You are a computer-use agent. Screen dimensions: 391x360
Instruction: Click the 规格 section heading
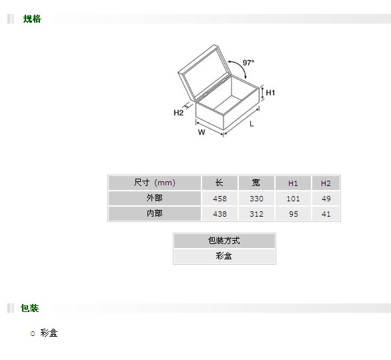tap(32, 19)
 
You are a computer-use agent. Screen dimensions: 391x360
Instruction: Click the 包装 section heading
tap(29, 308)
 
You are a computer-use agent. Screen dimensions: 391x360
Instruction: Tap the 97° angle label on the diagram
tap(248, 63)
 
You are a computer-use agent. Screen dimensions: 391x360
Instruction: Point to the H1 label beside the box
tap(270, 93)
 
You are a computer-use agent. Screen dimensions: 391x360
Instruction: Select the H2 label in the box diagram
tap(179, 113)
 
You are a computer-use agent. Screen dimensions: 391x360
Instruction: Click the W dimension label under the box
tap(202, 132)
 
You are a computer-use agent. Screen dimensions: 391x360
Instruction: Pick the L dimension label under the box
tap(252, 124)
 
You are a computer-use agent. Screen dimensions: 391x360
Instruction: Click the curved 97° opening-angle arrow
tap(242, 65)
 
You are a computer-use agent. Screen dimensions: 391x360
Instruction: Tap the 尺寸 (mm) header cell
tap(155, 183)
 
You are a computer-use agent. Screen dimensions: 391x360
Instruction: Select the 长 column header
tap(220, 183)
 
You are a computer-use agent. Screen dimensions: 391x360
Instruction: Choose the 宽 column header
tap(256, 183)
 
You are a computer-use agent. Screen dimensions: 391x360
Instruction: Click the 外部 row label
tap(155, 198)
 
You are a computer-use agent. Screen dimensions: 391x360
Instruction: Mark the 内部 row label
tap(155, 214)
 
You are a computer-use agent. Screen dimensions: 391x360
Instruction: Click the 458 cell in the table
tap(220, 199)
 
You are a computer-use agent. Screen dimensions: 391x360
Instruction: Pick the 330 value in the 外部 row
tap(256, 199)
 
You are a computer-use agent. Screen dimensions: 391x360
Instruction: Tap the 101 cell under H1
tap(293, 199)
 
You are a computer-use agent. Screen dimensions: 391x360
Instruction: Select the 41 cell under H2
tap(326, 214)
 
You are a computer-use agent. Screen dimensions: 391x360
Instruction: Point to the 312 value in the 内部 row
tap(256, 214)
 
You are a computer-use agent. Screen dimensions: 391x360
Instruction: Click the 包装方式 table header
tap(224, 241)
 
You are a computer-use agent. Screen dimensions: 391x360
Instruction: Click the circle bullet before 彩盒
tap(33, 333)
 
